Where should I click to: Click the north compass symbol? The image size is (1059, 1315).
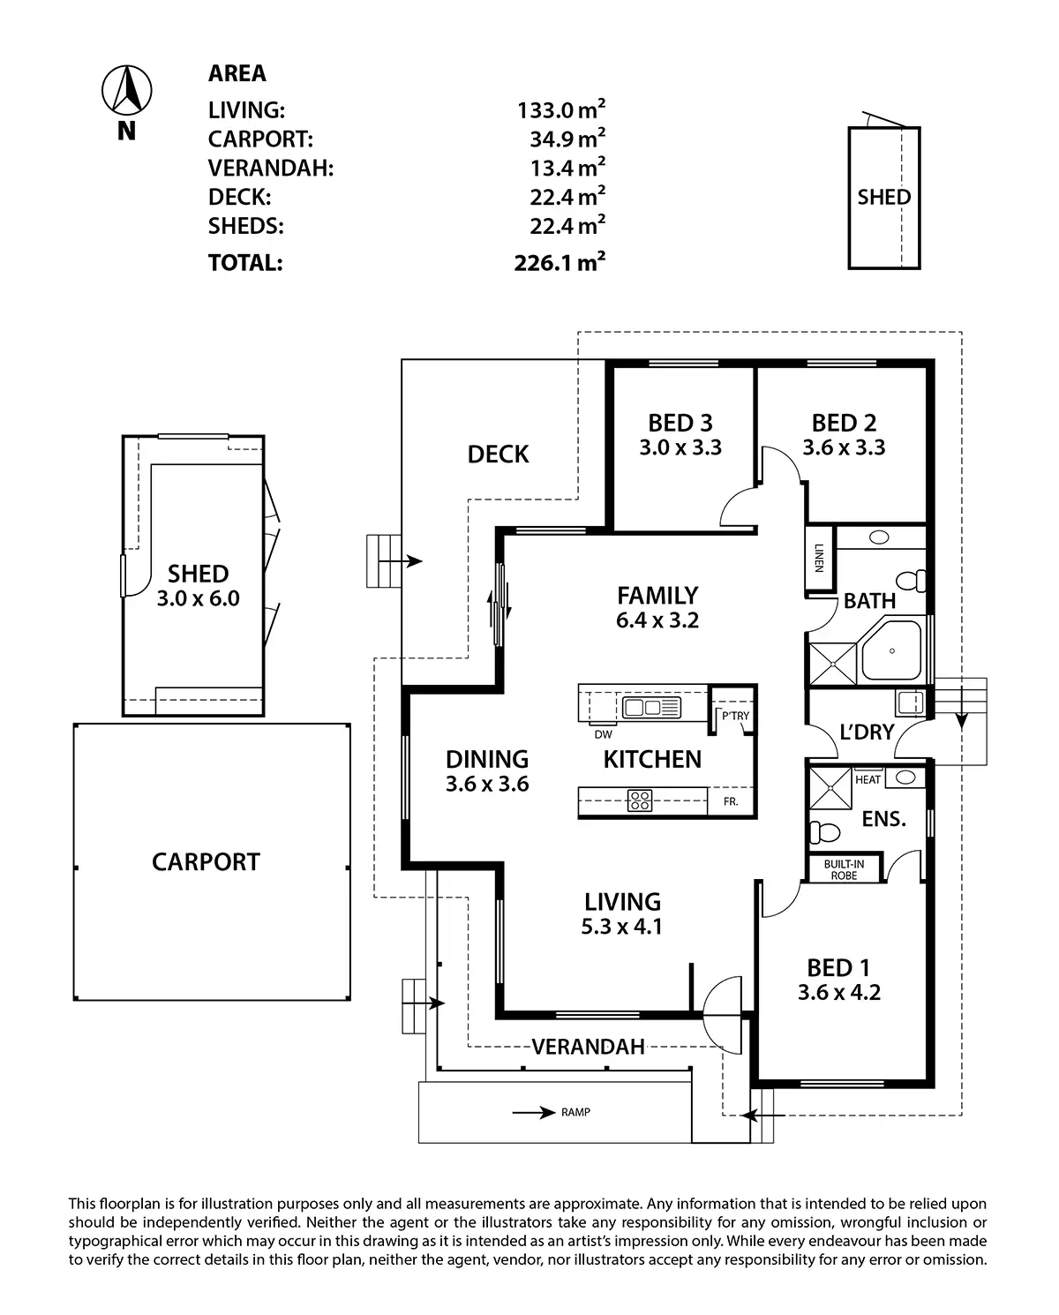pos(126,90)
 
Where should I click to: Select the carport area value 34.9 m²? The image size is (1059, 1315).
pos(567,138)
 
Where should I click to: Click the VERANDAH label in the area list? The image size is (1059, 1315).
pos(271,168)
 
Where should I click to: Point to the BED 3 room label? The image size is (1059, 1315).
pos(680,423)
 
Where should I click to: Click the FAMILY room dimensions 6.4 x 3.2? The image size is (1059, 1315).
pos(657,620)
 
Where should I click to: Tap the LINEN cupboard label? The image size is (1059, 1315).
pos(820,558)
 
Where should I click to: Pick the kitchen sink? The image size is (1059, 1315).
pos(651,708)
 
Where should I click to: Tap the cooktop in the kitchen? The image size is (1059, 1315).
pos(640,800)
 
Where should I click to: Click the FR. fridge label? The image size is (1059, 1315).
pos(731,801)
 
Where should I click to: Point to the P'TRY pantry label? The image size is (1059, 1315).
pos(735,716)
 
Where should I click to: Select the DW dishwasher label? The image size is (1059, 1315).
pos(603,734)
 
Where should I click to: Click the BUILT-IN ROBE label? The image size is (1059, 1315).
pos(844,869)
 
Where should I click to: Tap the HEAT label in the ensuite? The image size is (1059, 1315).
pos(867,779)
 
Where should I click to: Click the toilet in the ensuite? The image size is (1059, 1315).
pos(824,831)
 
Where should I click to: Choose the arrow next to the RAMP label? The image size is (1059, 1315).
pos(534,1113)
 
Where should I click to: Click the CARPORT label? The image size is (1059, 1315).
pos(206,862)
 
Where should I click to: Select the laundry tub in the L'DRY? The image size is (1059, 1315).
pos(911,703)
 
